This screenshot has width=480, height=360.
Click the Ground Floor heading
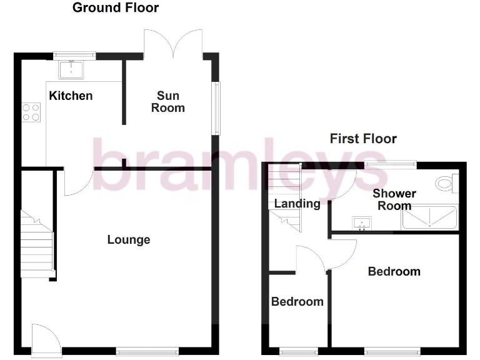tap(116, 8)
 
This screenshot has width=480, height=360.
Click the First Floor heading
tap(363, 139)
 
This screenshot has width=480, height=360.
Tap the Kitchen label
tap(71, 96)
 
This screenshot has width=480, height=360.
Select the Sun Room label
tap(168, 101)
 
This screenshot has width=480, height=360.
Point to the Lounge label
tap(129, 239)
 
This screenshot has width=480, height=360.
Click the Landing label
tap(297, 203)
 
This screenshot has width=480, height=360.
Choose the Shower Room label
tap(394, 199)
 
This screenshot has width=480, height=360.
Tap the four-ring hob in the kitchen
tap(31, 112)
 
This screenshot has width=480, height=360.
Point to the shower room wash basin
tap(361, 222)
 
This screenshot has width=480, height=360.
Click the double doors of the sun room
tap(173, 42)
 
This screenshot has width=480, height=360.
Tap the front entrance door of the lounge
tap(45, 339)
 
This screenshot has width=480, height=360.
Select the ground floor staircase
tap(36, 245)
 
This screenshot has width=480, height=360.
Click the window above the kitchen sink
tap(74, 54)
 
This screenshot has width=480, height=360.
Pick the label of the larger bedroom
tap(394, 271)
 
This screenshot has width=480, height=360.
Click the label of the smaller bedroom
tap(297, 302)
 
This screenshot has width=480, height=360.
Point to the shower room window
tap(391, 164)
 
